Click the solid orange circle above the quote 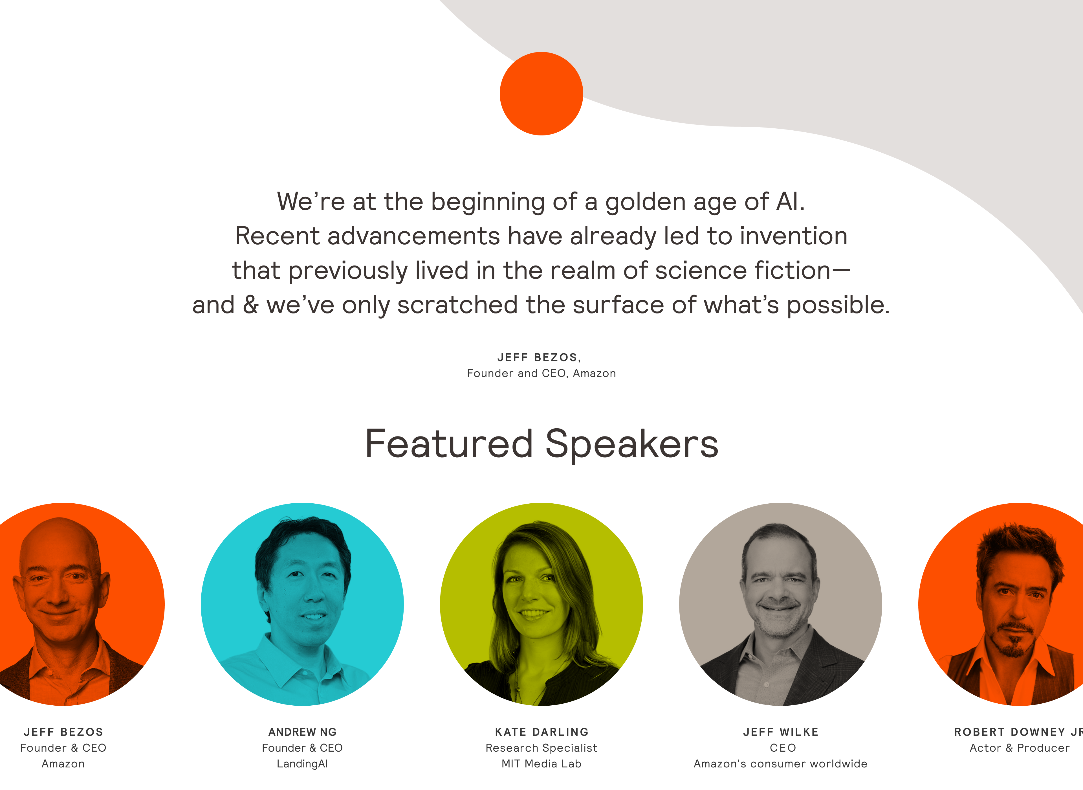pos(541,94)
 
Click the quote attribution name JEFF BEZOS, pos(539,358)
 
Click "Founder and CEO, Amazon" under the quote pos(541,374)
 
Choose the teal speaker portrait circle pos(302,604)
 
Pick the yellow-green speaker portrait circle pos(541,604)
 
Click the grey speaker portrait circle pos(780,604)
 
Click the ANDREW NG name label pos(303,732)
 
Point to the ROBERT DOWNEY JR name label pos(1018,732)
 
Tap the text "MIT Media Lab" pos(541,764)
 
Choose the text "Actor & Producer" pos(1020,748)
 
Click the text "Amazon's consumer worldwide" pos(780,764)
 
